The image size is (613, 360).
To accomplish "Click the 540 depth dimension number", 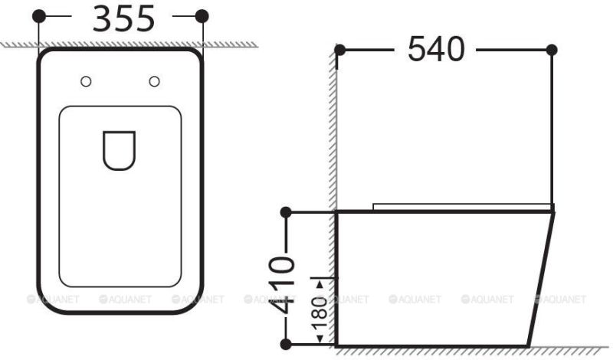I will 436,50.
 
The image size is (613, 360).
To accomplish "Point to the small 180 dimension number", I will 320,313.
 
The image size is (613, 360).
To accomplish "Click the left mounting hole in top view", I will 87,81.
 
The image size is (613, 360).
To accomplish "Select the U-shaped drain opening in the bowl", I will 119,150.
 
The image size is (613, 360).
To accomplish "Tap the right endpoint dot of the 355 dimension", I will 202,16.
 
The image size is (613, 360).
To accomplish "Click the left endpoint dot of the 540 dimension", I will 339,50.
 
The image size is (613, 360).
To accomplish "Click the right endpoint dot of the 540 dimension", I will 551,50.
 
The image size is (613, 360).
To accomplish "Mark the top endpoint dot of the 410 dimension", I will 285,211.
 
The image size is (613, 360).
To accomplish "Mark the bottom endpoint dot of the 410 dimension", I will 285,344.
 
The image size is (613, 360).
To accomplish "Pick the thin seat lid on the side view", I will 460,205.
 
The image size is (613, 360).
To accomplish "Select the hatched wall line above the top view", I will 115,45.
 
